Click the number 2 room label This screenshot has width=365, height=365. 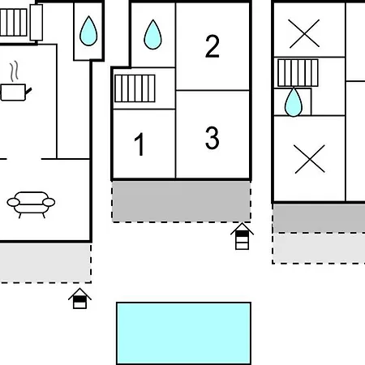(x=213, y=46)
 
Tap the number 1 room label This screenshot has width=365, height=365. (x=140, y=144)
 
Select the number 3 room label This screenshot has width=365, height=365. (x=213, y=138)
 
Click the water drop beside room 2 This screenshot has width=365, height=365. (x=152, y=34)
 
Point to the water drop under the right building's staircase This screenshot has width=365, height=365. (x=294, y=102)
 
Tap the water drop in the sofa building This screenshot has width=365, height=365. (x=88, y=31)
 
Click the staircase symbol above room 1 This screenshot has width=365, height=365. (x=135, y=88)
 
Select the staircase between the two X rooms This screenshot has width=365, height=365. (x=298, y=73)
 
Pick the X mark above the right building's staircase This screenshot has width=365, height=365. (x=304, y=33)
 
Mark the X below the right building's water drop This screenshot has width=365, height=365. (x=310, y=159)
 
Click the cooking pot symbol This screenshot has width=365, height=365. (x=15, y=92)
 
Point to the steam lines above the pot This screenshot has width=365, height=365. (x=15, y=71)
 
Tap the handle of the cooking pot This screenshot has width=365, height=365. (x=28, y=91)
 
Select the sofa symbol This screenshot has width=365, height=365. (x=31, y=204)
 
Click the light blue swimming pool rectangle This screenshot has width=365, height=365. (x=183, y=333)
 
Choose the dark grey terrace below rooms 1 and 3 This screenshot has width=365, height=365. (x=181, y=201)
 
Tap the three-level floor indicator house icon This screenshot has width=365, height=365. (x=242, y=236)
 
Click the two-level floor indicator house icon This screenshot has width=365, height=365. (x=79, y=298)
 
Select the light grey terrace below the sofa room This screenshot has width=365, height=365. (x=45, y=263)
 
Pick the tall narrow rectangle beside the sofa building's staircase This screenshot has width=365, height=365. (x=36, y=23)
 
